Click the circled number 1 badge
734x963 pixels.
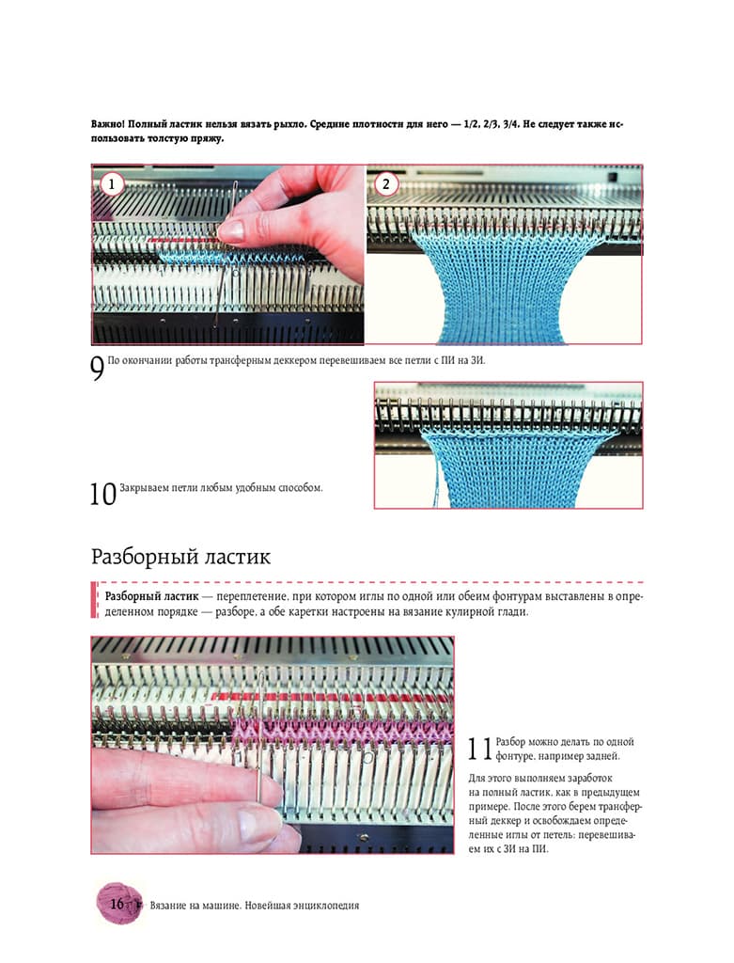[111, 183]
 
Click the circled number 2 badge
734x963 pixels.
[385, 183]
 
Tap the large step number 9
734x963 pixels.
[97, 369]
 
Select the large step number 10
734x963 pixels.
[102, 494]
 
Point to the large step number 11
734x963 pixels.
[480, 749]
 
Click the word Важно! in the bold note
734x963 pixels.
[108, 124]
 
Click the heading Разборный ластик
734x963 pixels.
[180, 557]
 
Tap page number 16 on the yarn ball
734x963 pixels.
[117, 904]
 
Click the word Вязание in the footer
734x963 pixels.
[169, 906]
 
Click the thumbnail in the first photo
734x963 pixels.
[231, 231]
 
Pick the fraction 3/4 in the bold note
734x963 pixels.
[510, 124]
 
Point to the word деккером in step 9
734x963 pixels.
[299, 361]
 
